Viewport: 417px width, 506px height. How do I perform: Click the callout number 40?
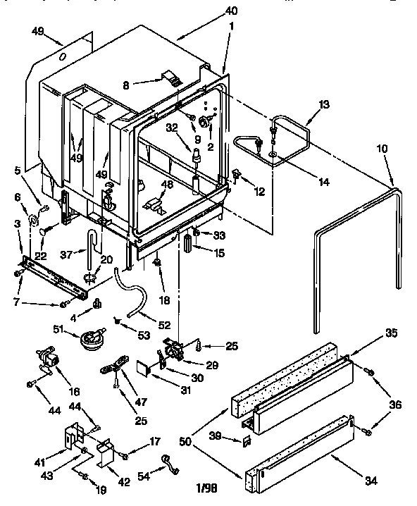230,10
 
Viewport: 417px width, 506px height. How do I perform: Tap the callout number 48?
167,185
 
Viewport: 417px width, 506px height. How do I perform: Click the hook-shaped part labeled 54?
167,460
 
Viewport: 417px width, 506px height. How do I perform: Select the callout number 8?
125,85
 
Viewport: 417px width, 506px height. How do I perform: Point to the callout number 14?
323,181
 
